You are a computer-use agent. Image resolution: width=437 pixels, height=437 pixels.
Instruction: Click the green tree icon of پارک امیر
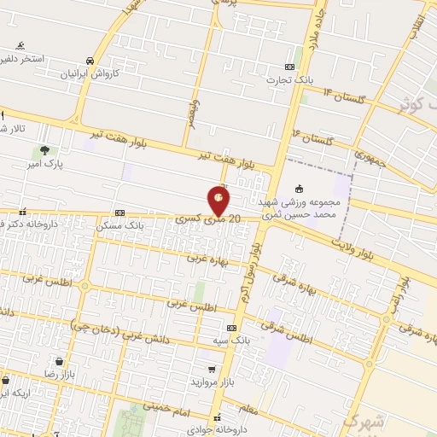coord(44,150)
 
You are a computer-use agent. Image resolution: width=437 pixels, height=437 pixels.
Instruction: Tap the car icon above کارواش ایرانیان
coord(90,61)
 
